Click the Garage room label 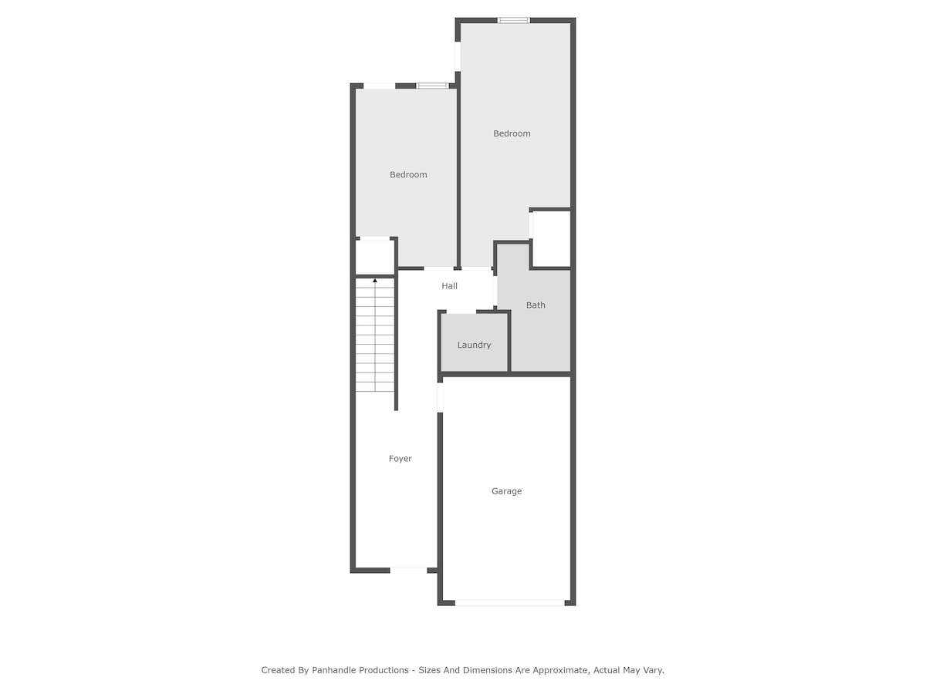506,491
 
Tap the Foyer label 400,459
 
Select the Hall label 449,286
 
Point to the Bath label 536,305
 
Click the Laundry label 474,345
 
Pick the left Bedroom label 408,174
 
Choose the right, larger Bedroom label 512,133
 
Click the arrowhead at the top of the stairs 374,280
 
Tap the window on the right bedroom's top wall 513,20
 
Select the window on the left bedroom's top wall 432,86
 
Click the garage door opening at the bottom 509,603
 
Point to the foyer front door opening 408,570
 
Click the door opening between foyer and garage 440,397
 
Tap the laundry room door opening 461,312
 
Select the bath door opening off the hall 495,291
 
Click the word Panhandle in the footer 360,670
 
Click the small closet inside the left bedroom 374,257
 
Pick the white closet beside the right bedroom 551,239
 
